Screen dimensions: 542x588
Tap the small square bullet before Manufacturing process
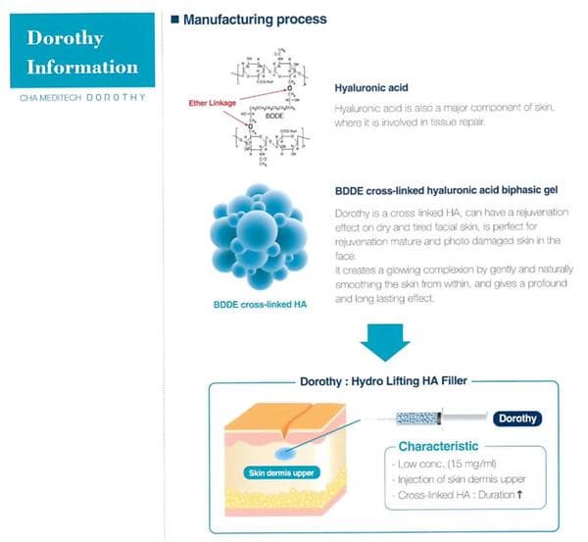click(x=175, y=19)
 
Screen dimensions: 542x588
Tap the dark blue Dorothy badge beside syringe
click(x=517, y=419)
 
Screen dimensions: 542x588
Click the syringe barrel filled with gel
click(x=431, y=419)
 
